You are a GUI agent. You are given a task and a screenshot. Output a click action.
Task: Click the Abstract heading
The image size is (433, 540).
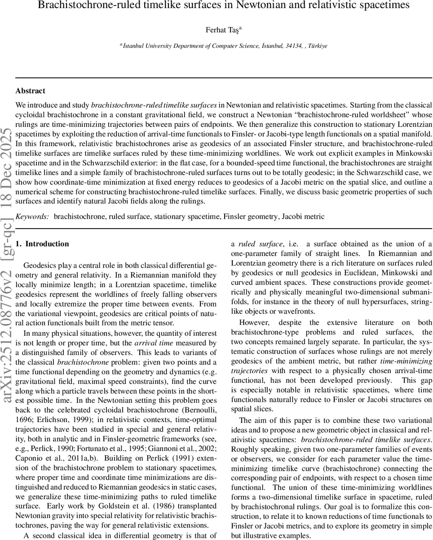30,91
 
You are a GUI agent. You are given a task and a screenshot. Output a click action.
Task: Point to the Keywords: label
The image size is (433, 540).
32,216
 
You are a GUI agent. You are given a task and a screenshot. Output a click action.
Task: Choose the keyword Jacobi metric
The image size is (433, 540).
303,216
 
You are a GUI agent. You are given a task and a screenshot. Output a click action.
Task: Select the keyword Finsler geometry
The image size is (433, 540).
249,216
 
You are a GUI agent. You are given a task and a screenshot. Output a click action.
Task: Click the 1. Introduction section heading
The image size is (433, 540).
42,244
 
